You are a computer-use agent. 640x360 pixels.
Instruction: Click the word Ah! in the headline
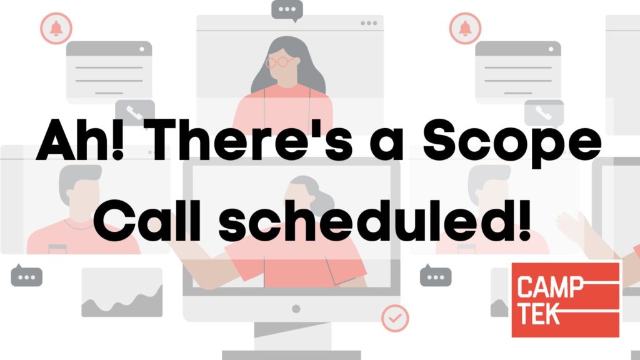click(80, 139)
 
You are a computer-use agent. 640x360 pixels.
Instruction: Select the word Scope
click(512, 143)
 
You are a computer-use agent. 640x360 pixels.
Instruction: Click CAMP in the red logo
click(551, 286)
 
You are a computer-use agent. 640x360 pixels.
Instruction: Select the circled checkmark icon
click(395, 318)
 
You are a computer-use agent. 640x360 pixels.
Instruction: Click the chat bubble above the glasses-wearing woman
click(287, 10)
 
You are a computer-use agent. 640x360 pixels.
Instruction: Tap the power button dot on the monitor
click(296, 309)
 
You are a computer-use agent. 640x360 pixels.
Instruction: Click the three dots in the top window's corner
click(369, 23)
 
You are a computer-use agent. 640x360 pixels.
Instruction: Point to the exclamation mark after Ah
click(117, 139)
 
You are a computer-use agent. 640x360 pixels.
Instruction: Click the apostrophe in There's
click(322, 125)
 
